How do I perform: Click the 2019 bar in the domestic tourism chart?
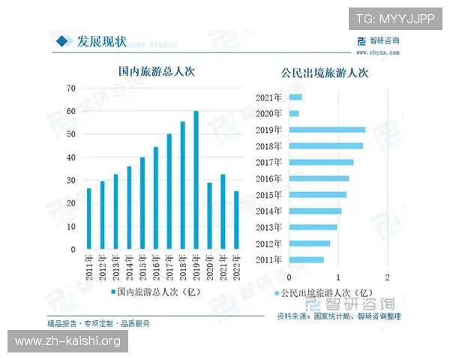196,180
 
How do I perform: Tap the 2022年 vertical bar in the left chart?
237,220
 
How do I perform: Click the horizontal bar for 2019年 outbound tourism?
327,130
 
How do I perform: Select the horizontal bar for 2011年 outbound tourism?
306,259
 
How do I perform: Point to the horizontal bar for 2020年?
294,113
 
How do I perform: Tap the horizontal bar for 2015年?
317,195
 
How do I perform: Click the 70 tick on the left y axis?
71,88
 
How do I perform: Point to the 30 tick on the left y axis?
71,181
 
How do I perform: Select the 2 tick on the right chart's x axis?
387,276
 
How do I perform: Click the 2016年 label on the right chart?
268,178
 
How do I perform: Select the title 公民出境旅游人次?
325,73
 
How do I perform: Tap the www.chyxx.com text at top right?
377,53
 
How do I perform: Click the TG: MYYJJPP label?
394,19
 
